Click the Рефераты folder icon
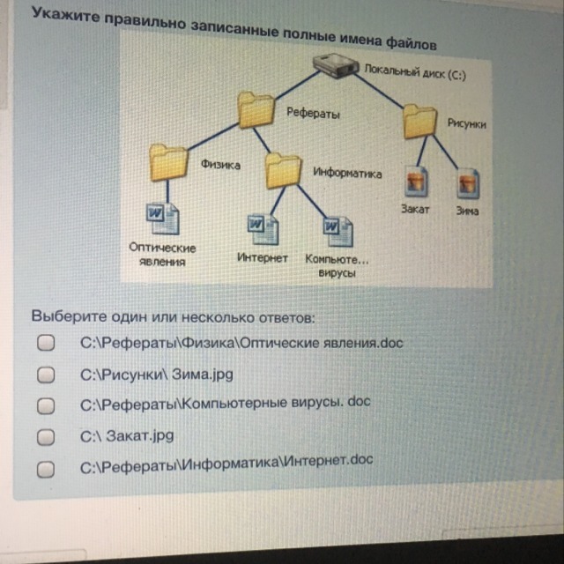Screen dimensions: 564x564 pos(256,110)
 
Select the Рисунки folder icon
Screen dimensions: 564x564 pos(420,122)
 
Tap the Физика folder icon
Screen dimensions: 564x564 pos(168,161)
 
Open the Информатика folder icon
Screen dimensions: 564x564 pos(284,169)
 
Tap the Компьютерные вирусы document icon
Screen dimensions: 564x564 pos(334,232)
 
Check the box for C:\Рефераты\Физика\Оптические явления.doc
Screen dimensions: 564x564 pos(46,343)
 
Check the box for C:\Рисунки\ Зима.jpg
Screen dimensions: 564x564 pos(46,375)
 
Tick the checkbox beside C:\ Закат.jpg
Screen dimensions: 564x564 pos(46,436)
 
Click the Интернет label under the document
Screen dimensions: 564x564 pos(263,258)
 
